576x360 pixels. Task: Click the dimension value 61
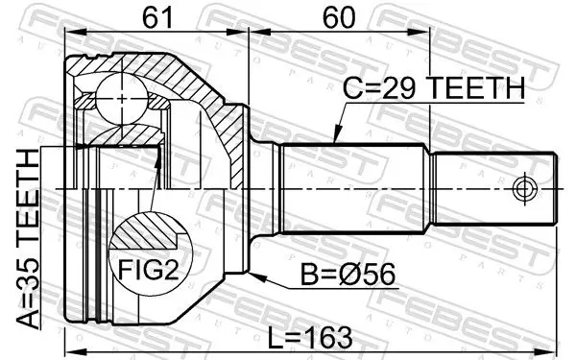157,17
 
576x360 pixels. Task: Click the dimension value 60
339,17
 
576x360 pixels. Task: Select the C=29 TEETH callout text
434,88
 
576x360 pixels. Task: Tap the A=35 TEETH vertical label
28,239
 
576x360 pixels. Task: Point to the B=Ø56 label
348,274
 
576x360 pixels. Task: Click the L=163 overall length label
310,338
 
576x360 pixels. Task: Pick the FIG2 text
148,270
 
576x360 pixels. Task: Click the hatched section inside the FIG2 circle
147,232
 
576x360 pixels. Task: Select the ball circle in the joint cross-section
122,98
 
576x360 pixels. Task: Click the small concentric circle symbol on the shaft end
524,189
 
